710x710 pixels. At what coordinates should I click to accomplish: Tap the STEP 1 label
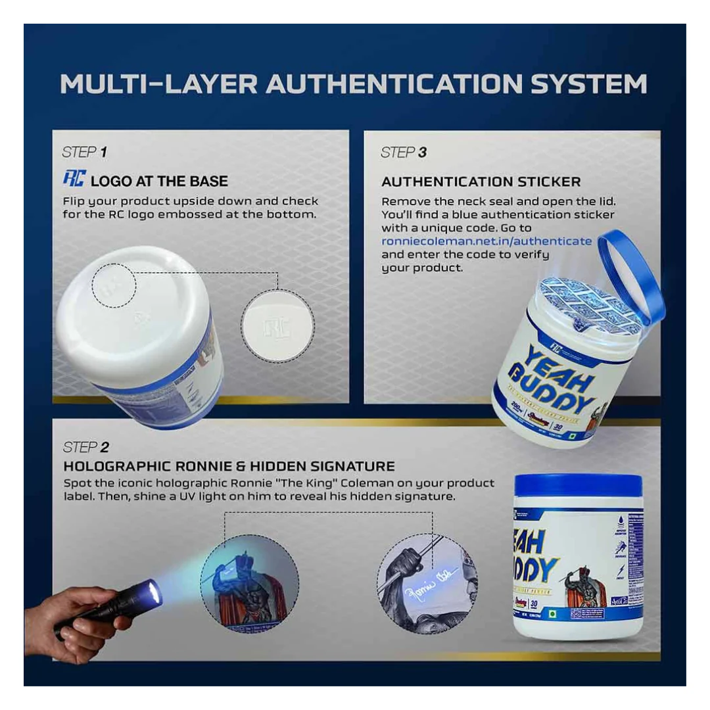click(84, 153)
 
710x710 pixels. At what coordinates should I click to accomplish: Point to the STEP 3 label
click(403, 153)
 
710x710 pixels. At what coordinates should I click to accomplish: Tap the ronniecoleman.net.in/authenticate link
click(486, 241)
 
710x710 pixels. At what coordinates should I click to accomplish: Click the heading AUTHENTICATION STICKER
click(481, 181)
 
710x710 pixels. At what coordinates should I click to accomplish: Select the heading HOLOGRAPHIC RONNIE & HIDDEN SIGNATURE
click(229, 467)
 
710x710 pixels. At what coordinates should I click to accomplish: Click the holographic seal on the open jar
click(579, 304)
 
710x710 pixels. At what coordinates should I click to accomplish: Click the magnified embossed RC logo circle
click(277, 325)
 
